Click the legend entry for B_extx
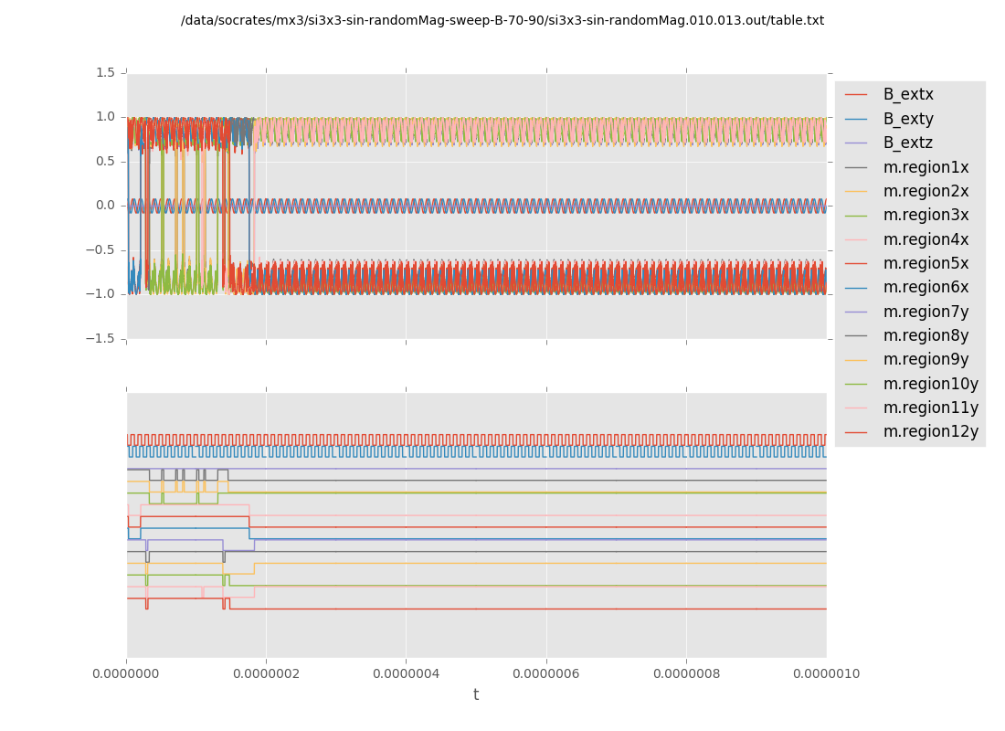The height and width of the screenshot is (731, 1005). (908, 94)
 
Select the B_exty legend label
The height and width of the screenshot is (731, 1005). (908, 119)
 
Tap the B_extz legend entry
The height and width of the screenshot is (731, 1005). (908, 143)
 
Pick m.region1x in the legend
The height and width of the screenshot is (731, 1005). (926, 167)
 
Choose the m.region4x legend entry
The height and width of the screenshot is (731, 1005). (926, 239)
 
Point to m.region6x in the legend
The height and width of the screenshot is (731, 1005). (926, 287)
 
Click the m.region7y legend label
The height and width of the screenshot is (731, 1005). (926, 312)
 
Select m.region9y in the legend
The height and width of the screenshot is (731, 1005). (926, 359)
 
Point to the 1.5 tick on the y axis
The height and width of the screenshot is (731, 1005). (106, 72)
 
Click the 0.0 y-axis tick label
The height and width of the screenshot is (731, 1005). (106, 206)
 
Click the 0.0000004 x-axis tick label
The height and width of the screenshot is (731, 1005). (407, 674)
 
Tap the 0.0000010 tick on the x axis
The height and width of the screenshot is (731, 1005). (826, 674)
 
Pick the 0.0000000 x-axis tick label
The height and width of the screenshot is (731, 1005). (127, 674)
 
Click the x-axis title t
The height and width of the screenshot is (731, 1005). (476, 695)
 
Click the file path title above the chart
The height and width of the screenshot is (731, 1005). (503, 20)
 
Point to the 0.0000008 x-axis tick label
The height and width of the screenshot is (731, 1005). (686, 674)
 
